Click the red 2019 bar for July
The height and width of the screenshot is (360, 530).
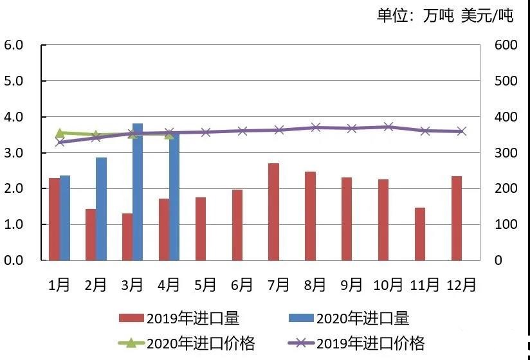[x=274, y=212]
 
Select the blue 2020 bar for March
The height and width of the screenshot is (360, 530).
[x=137, y=193]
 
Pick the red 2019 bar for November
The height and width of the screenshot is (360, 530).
[x=420, y=234]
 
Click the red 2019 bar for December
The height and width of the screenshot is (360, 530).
[x=457, y=219]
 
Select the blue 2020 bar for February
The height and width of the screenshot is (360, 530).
[x=101, y=209]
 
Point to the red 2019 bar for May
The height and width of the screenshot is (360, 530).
[x=201, y=229]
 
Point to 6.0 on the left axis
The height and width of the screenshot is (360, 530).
[x=14, y=45]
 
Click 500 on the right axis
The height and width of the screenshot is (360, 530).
[x=506, y=81]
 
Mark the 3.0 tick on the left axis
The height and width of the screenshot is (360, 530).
[x=14, y=153]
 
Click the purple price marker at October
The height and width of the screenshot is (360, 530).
[x=388, y=127]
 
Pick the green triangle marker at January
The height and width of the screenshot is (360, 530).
[x=60, y=133]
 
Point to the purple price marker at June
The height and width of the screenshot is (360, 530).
[x=242, y=130]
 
